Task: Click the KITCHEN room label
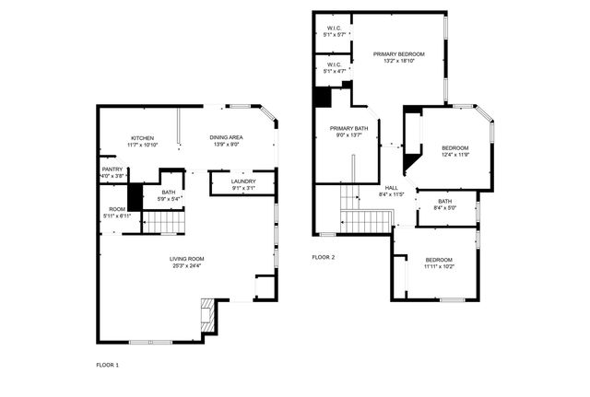(x=142, y=138)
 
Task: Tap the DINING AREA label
(x=226, y=138)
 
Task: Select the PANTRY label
(x=112, y=169)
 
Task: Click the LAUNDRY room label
(x=243, y=181)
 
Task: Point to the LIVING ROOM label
(x=186, y=259)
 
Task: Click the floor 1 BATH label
(x=168, y=192)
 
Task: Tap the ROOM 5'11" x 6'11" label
(x=117, y=209)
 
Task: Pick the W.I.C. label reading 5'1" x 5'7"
(x=335, y=29)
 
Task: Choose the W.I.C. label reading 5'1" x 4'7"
(x=335, y=64)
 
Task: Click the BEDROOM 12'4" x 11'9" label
(x=454, y=148)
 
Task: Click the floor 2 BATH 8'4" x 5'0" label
(x=445, y=202)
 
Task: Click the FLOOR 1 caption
(x=108, y=365)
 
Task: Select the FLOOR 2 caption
(x=324, y=257)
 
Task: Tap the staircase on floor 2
(x=367, y=222)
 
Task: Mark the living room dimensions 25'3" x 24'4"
(x=186, y=266)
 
